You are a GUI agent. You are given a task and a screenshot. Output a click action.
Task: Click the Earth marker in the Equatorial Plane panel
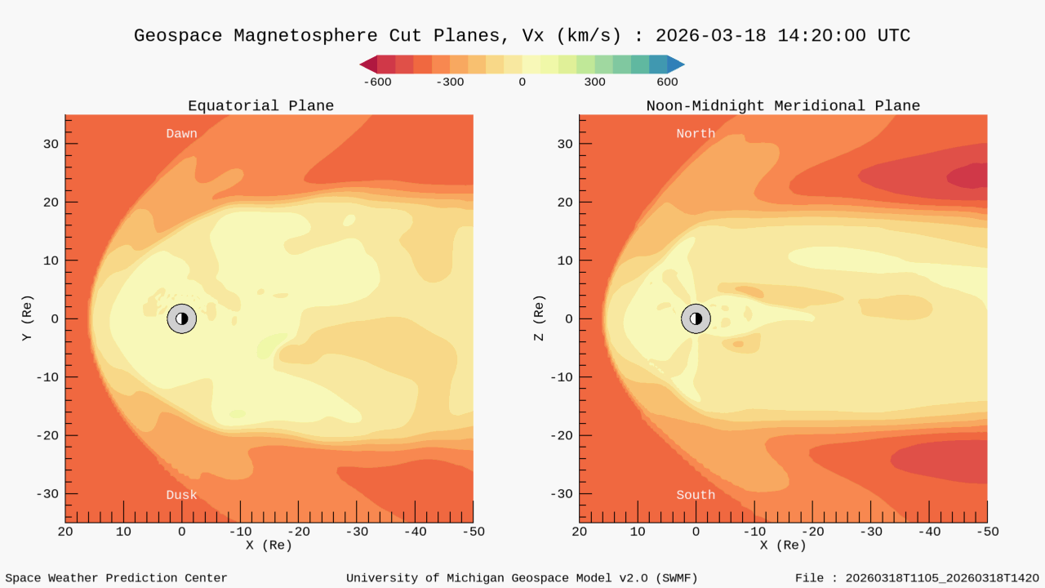(x=181, y=318)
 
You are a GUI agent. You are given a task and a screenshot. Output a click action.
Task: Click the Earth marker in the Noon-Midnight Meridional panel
(x=696, y=318)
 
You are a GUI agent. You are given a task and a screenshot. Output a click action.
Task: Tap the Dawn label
(x=181, y=133)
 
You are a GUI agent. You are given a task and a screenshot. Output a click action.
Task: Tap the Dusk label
(x=181, y=495)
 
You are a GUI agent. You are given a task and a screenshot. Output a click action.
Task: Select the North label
(x=696, y=133)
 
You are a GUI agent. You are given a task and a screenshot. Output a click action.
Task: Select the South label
(x=696, y=495)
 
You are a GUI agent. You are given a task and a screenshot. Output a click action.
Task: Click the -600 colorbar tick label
(x=377, y=82)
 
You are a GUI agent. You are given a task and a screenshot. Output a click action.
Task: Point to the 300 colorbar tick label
(x=594, y=82)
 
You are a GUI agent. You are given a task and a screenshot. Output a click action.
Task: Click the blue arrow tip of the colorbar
(x=676, y=65)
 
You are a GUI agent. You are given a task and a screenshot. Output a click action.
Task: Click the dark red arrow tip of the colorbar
(x=368, y=65)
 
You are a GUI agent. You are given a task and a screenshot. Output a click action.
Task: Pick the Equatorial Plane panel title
(x=260, y=106)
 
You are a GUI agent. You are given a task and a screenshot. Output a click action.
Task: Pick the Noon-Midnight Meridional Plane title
(x=783, y=106)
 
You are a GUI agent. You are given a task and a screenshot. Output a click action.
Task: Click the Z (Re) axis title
(x=540, y=318)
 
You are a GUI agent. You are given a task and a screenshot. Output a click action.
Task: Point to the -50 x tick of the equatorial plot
(x=473, y=532)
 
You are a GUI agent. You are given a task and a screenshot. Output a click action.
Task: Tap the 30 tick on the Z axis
(x=563, y=144)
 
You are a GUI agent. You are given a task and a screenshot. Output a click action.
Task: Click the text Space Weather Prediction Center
(x=116, y=578)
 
